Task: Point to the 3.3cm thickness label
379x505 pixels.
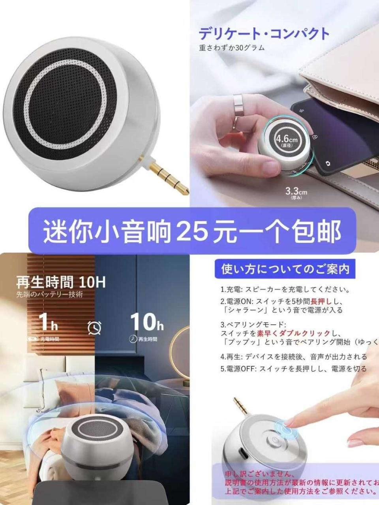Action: tap(296, 193)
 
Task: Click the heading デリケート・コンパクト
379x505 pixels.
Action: tap(264, 34)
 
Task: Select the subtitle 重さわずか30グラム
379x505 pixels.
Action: tap(232, 49)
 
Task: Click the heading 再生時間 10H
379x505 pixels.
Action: tap(61, 282)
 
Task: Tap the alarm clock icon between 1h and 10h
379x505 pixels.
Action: tap(95, 327)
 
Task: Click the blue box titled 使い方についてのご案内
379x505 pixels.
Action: tap(285, 269)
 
